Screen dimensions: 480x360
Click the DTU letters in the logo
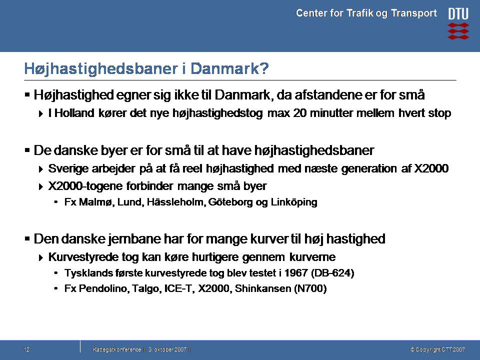click(x=458, y=14)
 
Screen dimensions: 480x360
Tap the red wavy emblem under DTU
click(x=458, y=31)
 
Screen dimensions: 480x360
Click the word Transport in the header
click(x=414, y=13)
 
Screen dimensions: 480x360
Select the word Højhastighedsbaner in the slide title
click(x=100, y=69)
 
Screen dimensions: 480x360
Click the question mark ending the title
click(x=264, y=68)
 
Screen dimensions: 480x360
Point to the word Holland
click(x=74, y=113)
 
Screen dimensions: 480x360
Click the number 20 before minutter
click(x=300, y=113)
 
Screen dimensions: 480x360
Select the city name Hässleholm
click(x=176, y=202)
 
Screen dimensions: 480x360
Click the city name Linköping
click(x=294, y=202)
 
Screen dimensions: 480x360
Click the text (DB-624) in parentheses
click(x=332, y=273)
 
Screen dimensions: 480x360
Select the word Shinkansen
click(x=263, y=288)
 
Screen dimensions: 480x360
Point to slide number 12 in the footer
click(x=26, y=349)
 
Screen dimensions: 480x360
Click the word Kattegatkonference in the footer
click(x=117, y=349)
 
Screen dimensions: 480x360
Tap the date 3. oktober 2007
click(x=167, y=349)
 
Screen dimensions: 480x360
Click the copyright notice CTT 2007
click(x=438, y=349)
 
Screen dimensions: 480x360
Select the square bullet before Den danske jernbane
click(x=27, y=238)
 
